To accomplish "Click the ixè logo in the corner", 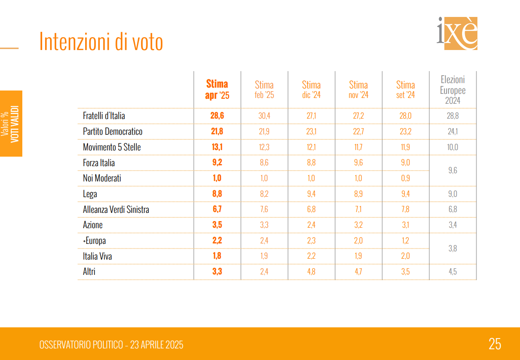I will [457, 33].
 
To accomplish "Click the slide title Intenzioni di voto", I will [101, 42].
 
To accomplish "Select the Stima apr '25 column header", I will [217, 90].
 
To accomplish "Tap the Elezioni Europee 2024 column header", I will [453, 90].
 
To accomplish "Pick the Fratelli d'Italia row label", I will [104, 116].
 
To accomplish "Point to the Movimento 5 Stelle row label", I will [112, 147].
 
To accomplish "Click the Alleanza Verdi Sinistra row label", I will [116, 210].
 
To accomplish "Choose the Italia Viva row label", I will [97, 256].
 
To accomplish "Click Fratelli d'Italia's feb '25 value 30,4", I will [264, 116].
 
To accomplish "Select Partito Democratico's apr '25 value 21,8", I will [217, 131].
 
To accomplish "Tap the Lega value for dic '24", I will [311, 194].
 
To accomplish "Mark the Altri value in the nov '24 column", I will [358, 272].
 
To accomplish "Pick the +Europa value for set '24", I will [406, 241].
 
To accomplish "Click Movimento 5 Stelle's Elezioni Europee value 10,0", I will [453, 147].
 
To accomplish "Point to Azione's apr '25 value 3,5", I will [217, 225].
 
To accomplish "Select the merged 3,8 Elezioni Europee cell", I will [453, 248].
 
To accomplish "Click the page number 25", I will [495, 344].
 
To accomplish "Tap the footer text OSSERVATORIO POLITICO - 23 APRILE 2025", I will [111, 345].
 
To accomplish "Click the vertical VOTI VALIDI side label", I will [14, 124].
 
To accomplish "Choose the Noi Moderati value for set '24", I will [406, 178].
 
